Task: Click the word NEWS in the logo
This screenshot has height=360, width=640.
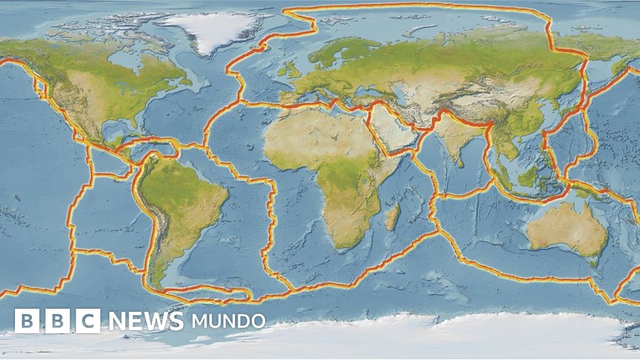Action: click(x=146, y=321)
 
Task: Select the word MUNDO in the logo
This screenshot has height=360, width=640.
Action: click(x=228, y=321)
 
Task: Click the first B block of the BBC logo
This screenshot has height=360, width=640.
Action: click(x=26, y=321)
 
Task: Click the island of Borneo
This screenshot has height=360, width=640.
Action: click(x=529, y=176)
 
